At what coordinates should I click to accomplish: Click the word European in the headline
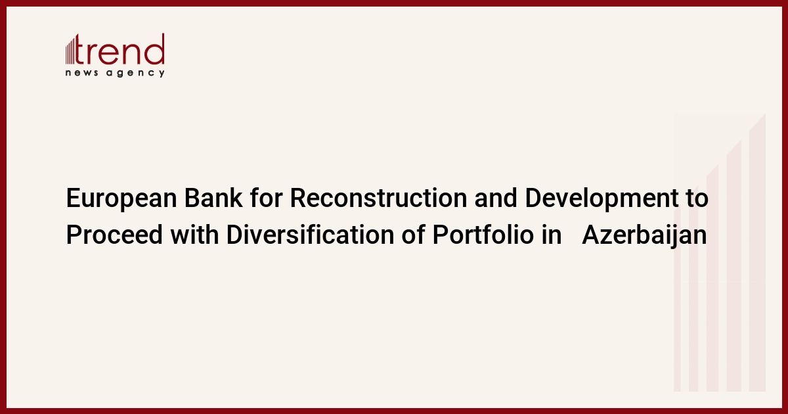click(x=121, y=199)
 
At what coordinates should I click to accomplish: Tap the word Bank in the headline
click(x=213, y=198)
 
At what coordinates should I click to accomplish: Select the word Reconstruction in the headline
click(x=378, y=198)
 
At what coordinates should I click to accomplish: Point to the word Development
click(x=602, y=199)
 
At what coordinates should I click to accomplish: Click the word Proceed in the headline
click(x=114, y=235)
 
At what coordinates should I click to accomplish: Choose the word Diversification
click(x=310, y=235)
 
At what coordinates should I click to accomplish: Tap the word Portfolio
click(x=483, y=235)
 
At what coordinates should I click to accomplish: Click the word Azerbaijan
click(x=644, y=235)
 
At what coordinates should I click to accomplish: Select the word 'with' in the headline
click(x=194, y=235)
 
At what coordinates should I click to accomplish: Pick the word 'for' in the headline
click(x=267, y=198)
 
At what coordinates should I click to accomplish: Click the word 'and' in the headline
click(x=496, y=198)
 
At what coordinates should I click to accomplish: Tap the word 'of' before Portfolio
click(x=413, y=235)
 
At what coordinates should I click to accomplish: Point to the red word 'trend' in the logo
click(x=120, y=49)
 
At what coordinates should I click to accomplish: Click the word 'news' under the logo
click(x=81, y=73)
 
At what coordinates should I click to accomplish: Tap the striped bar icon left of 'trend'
click(x=70, y=51)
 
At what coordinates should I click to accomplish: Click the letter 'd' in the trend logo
click(x=156, y=49)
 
